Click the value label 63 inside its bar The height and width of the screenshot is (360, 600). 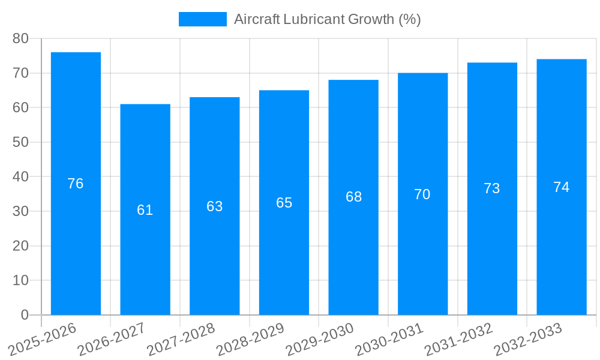215,206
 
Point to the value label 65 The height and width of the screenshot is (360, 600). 284,203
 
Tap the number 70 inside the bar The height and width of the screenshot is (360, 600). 422,194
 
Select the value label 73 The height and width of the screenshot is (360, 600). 492,188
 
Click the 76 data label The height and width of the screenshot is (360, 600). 76,184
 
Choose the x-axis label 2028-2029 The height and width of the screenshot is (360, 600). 250,340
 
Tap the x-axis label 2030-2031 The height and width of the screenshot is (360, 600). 389,340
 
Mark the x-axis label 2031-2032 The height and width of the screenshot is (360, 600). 459,340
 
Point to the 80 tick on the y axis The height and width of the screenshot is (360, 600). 20,38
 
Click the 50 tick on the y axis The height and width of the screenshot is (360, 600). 20,142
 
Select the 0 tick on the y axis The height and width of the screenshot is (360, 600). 25,315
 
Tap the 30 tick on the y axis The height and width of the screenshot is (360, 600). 20,211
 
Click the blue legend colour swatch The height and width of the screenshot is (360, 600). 203,19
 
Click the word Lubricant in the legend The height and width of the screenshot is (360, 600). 315,19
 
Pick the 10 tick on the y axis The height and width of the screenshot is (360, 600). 20,280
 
